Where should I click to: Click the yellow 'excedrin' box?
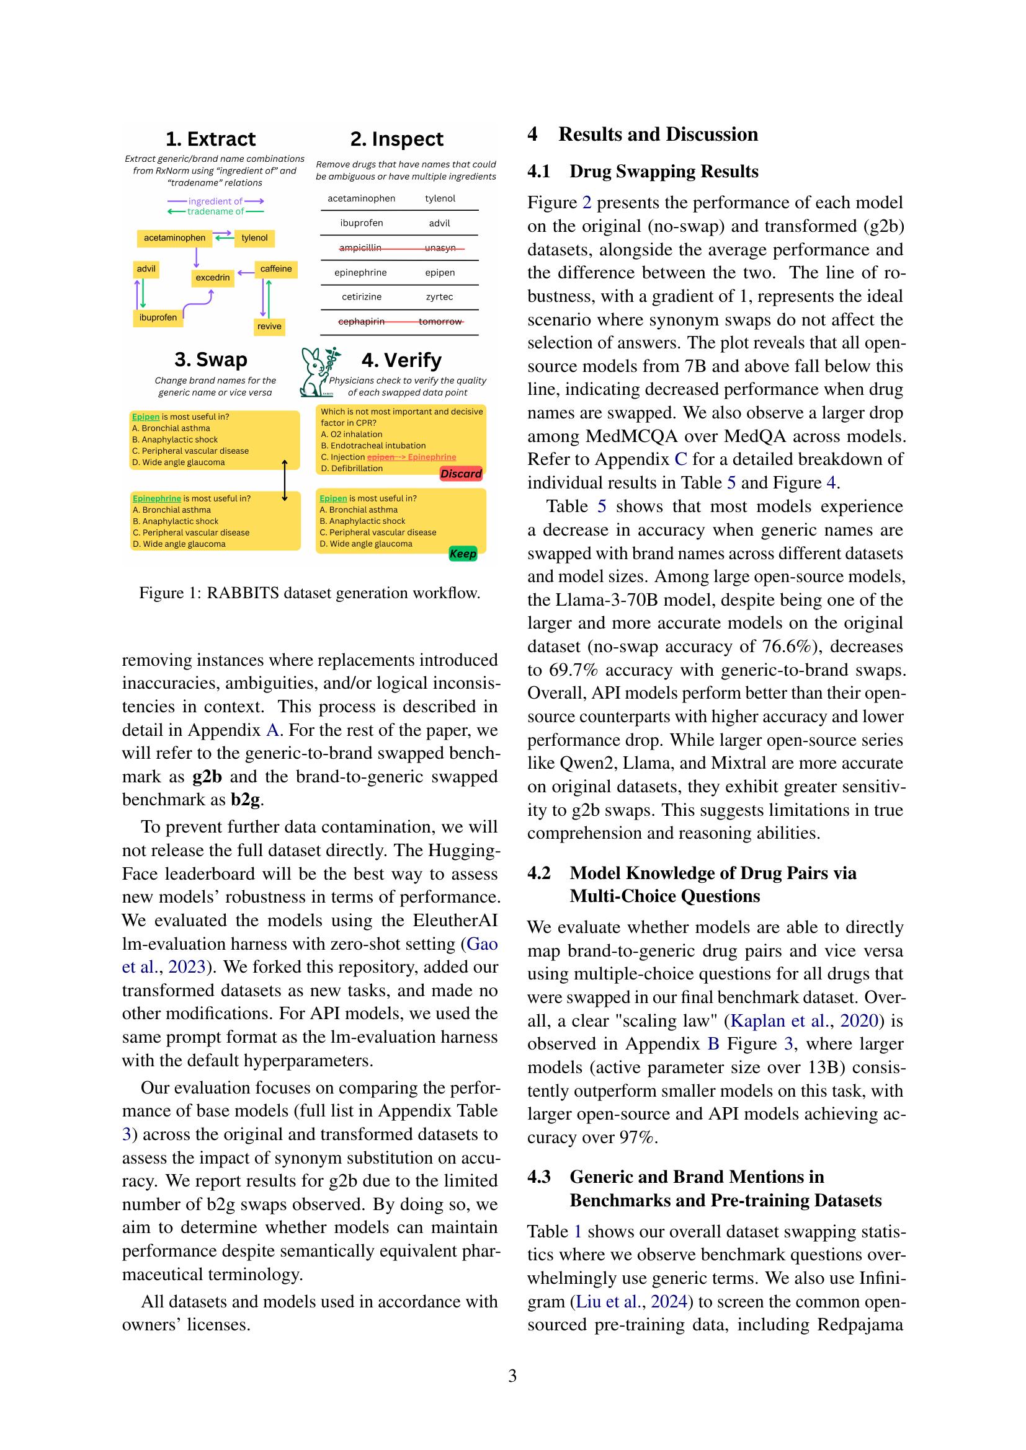coord(212,277)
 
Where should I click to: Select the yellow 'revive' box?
coord(269,326)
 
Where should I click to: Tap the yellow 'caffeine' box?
coord(276,269)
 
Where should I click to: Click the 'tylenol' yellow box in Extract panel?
coord(254,238)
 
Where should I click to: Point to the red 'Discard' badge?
coord(460,474)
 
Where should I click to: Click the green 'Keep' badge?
coord(463,554)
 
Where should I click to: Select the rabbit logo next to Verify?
coord(318,372)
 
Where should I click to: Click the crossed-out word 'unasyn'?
coord(440,247)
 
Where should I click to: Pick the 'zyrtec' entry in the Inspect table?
coord(439,297)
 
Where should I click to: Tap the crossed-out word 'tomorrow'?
coord(440,322)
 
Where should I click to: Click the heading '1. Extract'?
coord(210,139)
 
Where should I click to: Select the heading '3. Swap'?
coord(210,360)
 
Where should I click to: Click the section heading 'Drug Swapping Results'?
coord(663,172)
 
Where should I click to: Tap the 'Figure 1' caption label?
coord(167,593)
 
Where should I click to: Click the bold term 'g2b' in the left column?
coord(207,777)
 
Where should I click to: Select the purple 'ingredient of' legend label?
coord(215,201)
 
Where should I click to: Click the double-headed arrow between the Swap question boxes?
coord(284,480)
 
